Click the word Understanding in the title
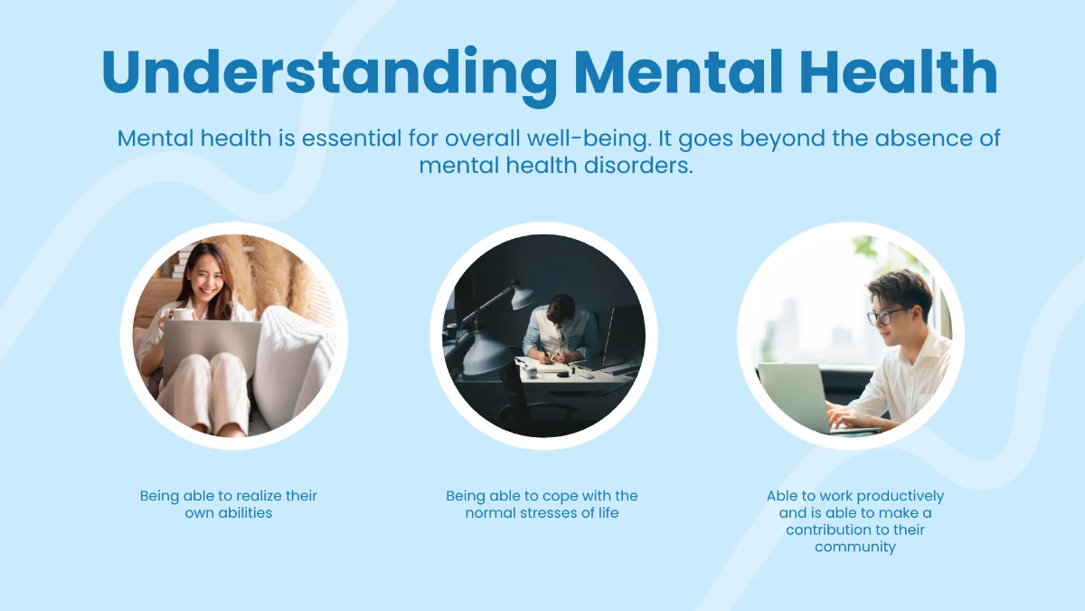click(x=329, y=72)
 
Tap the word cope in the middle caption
click(x=553, y=496)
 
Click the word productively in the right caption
click(x=900, y=496)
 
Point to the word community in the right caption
click(x=855, y=547)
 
